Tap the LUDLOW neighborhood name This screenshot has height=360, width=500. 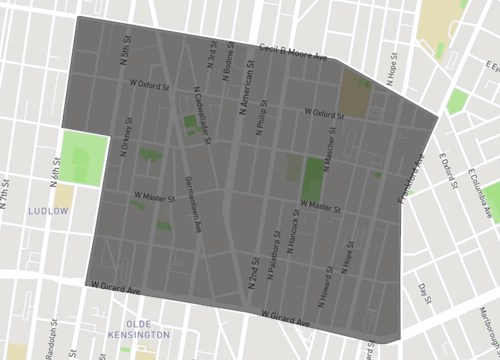pyautogui.click(x=48, y=212)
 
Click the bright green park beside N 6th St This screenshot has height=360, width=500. pyautogui.click(x=82, y=156)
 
